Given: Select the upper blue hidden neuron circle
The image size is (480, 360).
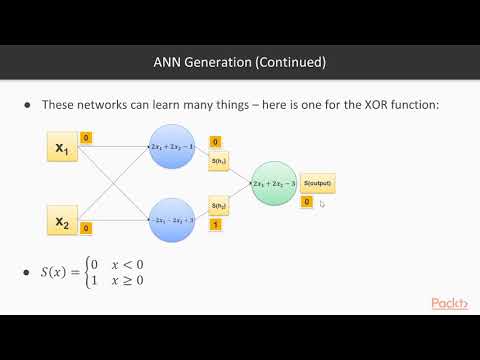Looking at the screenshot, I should pos(174,148).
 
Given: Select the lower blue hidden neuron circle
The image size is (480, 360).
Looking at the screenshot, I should pos(174,220).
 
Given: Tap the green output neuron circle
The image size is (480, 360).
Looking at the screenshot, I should pos(273,183).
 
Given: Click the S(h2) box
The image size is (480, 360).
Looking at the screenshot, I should pos(219,205).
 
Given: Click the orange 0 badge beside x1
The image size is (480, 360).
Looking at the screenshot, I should pos(86,137).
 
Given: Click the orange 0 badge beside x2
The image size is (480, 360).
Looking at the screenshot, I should pos(86,229).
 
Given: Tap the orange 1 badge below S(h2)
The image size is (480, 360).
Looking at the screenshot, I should pos(216,225).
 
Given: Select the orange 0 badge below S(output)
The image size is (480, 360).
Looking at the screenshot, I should pos(306,201).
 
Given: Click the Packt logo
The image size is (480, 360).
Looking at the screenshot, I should pos(452,303).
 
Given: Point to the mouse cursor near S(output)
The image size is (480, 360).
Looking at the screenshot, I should pos(322,203).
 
